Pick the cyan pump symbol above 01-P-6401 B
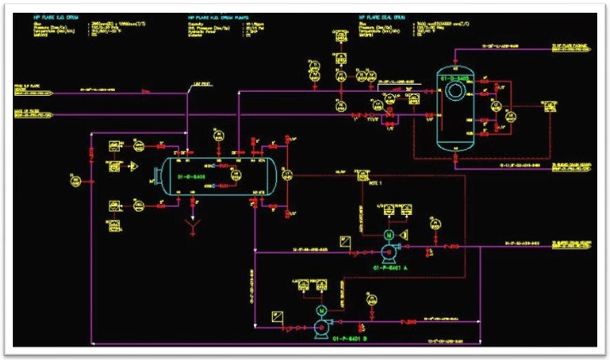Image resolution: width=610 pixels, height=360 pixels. (x=323, y=325)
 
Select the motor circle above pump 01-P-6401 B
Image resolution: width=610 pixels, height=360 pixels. (x=322, y=310)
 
